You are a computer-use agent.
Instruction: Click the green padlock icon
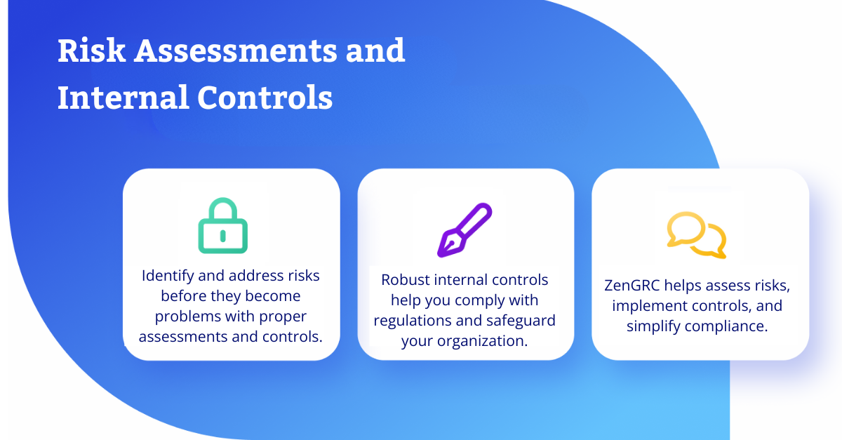pos(223,226)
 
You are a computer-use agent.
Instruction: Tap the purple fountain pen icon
pos(465,230)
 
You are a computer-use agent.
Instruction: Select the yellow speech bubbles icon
pos(697,235)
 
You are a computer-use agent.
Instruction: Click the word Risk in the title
pos(91,51)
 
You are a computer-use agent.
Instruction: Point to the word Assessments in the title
pos(236,51)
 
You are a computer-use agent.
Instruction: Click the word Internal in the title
pos(123,98)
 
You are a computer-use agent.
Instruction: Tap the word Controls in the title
pos(265,98)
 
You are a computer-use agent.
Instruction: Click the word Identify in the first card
pos(168,276)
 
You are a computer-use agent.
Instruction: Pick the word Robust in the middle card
pos(406,280)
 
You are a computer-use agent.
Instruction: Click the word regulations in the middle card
pos(412,321)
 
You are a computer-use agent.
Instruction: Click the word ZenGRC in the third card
pos(632,286)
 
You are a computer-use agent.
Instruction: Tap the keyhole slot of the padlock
pos(223,236)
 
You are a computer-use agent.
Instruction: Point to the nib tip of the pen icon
pos(440,255)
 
